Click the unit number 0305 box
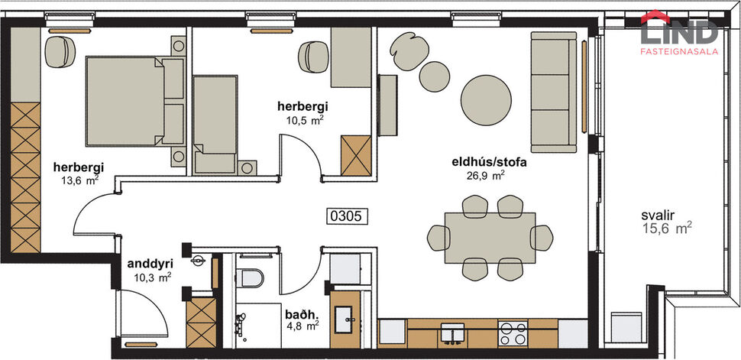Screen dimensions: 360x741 click(x=348, y=216)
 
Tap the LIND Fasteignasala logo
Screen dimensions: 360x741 click(x=678, y=33)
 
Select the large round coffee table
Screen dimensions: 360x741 click(x=487, y=96)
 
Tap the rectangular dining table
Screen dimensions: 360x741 click(x=490, y=238)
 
